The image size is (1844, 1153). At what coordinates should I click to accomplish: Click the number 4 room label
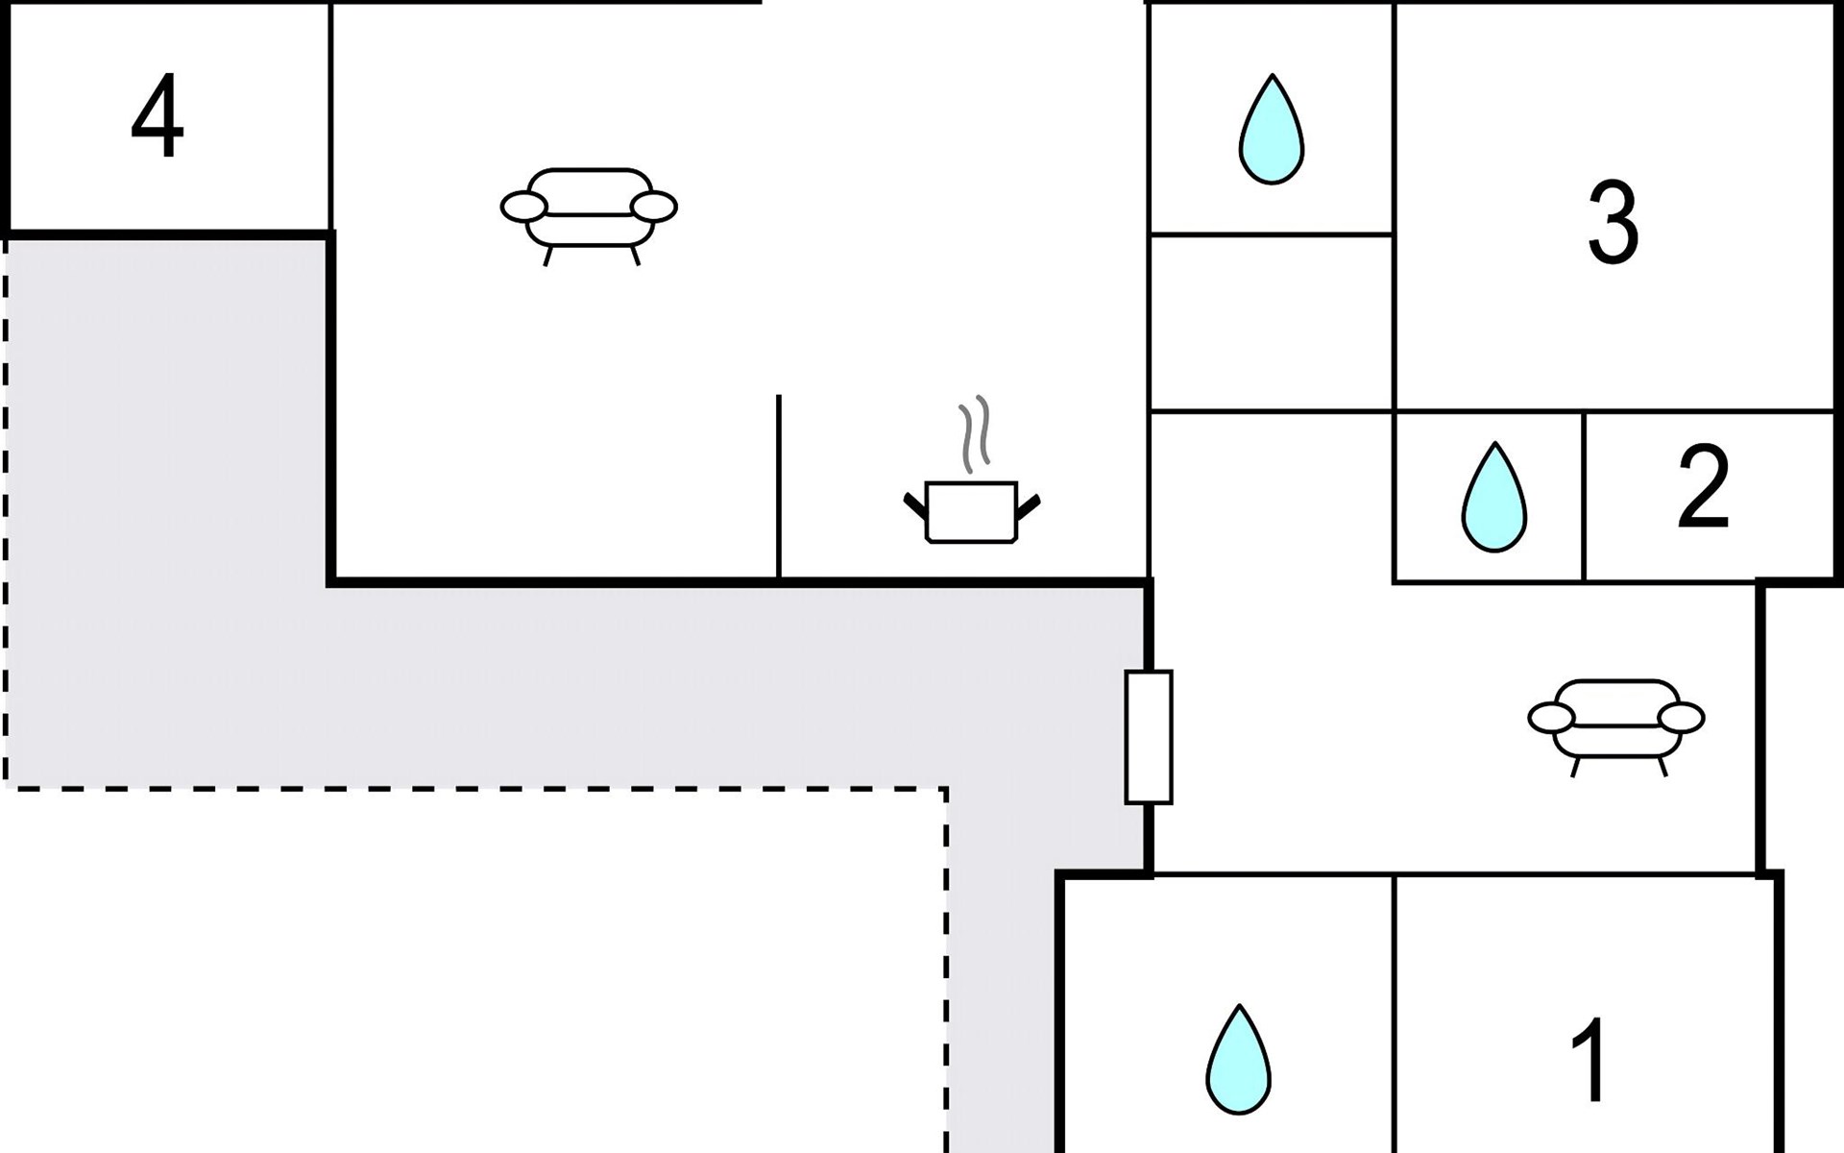(x=158, y=117)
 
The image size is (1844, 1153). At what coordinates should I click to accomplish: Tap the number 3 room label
(x=1613, y=224)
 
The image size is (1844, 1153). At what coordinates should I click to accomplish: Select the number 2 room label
(x=1703, y=487)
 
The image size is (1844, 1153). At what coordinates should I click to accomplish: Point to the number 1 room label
(x=1589, y=1061)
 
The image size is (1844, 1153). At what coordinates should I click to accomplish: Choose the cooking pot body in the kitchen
(x=971, y=512)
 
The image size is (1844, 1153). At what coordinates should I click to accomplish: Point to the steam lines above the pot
(x=974, y=434)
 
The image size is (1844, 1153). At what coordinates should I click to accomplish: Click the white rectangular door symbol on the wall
(x=1149, y=737)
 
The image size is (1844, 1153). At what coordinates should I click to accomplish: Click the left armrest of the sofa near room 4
(x=524, y=206)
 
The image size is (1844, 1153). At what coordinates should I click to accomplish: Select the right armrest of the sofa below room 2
(x=1681, y=718)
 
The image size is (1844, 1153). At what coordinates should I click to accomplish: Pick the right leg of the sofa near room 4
(x=634, y=256)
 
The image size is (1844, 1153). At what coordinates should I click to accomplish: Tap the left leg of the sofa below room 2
(x=1575, y=767)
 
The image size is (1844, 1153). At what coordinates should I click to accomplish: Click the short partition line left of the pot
(x=779, y=485)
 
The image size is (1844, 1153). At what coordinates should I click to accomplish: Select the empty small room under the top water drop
(x=1271, y=323)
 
